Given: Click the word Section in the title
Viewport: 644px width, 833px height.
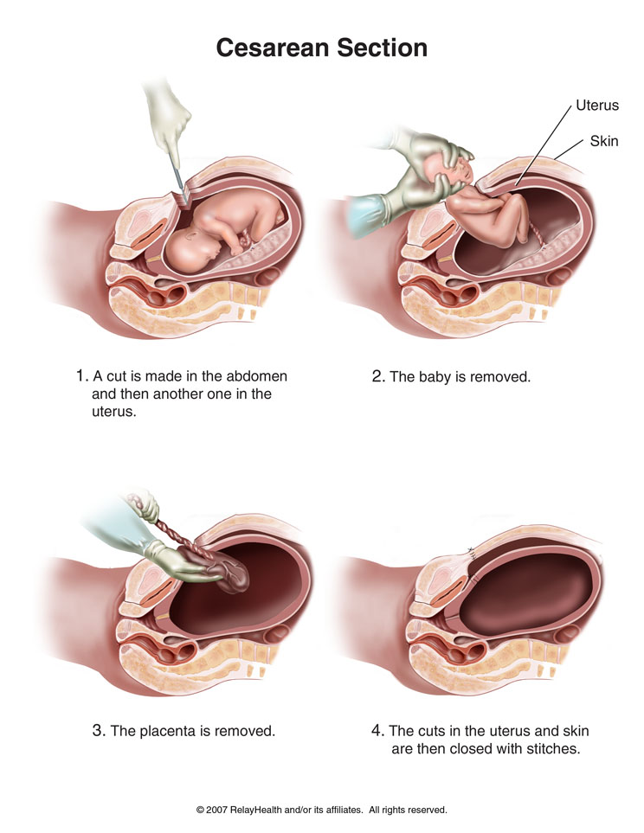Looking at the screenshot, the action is [378, 48].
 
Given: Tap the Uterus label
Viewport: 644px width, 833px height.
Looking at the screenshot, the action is [597, 107].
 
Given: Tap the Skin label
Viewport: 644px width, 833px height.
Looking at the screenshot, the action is [603, 140].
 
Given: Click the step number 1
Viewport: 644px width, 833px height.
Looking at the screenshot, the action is [81, 377].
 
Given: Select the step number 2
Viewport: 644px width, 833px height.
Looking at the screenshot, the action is [377, 377].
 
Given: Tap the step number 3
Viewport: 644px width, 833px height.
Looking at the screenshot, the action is [98, 731].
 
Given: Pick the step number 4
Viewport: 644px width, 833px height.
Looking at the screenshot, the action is [377, 731].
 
